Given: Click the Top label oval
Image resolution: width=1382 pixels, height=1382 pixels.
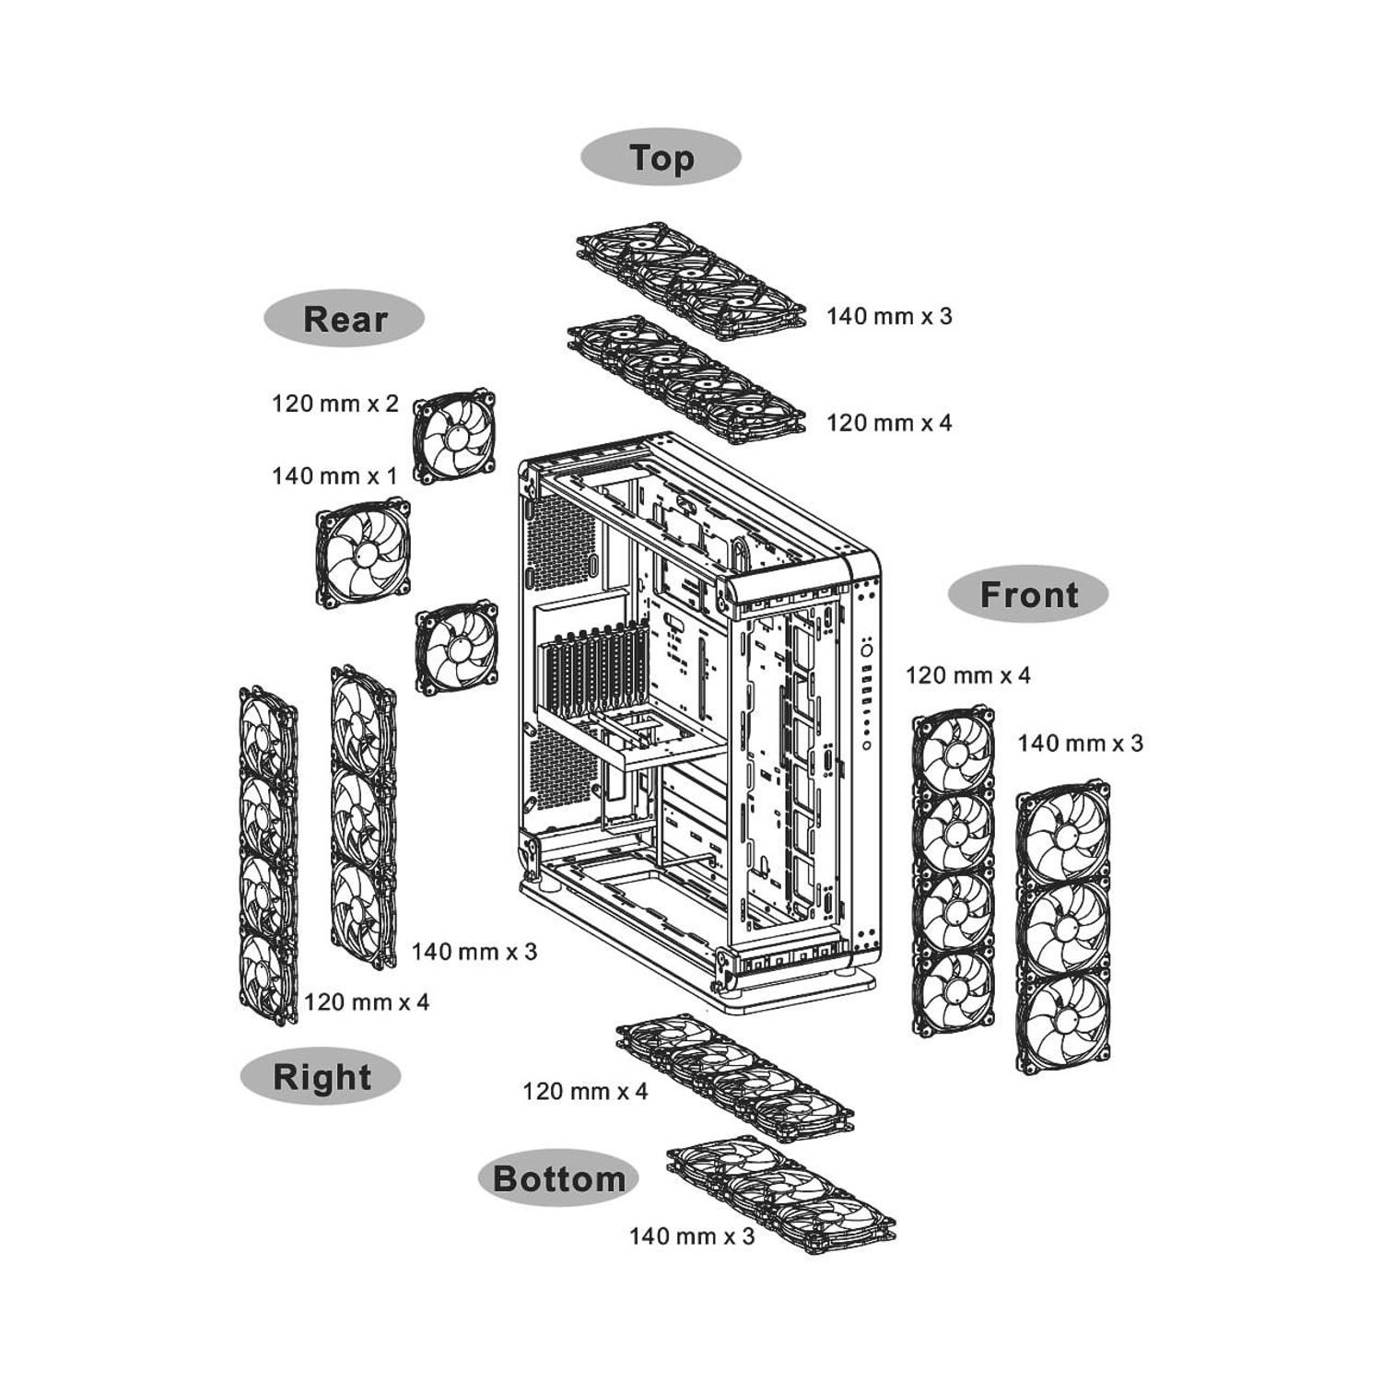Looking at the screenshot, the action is pyautogui.click(x=661, y=157).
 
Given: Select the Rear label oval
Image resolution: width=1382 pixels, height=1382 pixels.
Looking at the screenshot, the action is pyautogui.click(x=345, y=319).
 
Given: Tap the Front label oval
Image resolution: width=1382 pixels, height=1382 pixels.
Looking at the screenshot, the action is pyautogui.click(x=1028, y=594).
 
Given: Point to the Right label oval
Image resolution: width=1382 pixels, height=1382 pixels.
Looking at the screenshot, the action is pyautogui.click(x=322, y=1076).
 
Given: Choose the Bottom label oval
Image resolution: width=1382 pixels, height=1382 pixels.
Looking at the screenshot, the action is pyautogui.click(x=558, y=1178).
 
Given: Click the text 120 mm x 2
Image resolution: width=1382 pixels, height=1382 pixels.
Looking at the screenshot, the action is pyautogui.click(x=335, y=404).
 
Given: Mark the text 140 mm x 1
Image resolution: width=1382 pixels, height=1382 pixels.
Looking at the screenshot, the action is pyautogui.click(x=334, y=475).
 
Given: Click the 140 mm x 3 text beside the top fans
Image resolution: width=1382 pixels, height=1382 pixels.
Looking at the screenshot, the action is pyautogui.click(x=889, y=316).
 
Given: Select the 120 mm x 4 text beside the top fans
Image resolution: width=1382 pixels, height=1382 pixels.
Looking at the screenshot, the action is pyautogui.click(x=889, y=423).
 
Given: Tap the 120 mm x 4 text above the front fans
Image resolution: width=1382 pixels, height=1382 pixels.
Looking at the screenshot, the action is pyautogui.click(x=968, y=675).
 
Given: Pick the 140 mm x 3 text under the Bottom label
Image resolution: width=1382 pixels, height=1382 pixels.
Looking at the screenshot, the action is pyautogui.click(x=692, y=1236).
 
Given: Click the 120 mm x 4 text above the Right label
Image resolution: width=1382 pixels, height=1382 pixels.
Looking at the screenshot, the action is pyautogui.click(x=367, y=1001).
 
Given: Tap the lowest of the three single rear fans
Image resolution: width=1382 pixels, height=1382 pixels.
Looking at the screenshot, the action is pyautogui.click(x=457, y=649).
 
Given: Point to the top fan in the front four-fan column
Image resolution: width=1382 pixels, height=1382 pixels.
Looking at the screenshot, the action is pyautogui.click(x=954, y=751).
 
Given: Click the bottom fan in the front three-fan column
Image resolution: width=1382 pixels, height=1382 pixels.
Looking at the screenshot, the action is pyautogui.click(x=1063, y=1024).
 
